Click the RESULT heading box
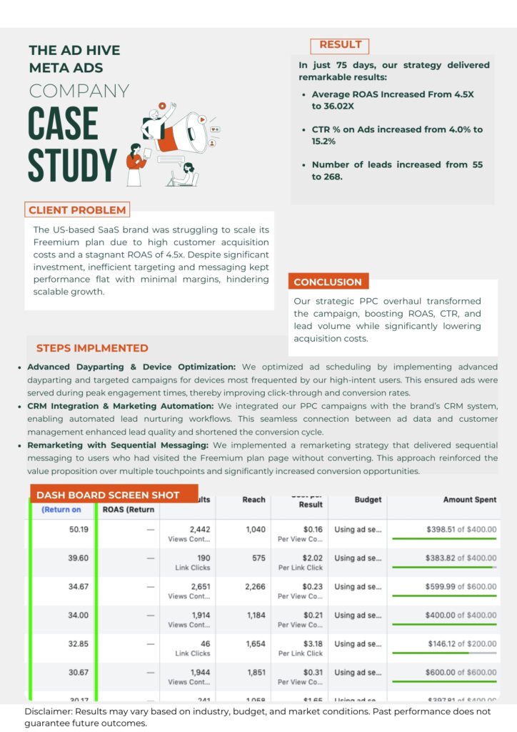tap(340, 46)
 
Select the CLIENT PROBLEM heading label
tap(77, 210)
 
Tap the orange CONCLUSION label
tap(328, 282)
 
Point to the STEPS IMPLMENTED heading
tap(92, 348)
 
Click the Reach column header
tap(254, 500)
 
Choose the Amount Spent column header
tap(469, 500)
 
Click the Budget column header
tap(368, 500)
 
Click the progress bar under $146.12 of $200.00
tap(443, 653)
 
